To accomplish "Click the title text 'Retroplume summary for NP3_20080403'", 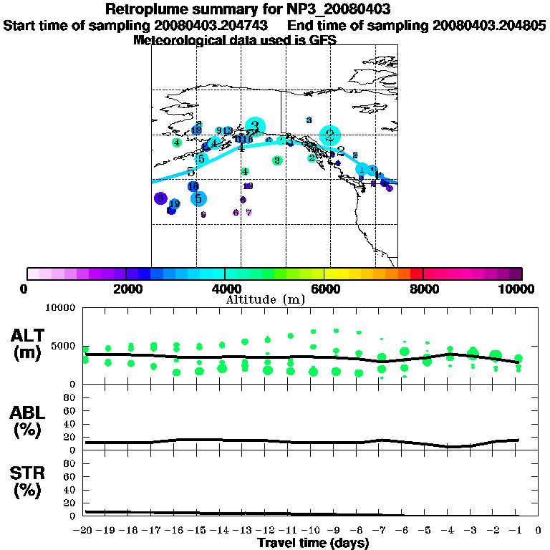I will (274, 9).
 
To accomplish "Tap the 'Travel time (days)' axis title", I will (313, 544).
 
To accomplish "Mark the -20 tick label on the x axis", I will (85, 531).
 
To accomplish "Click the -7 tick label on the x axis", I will (380, 531).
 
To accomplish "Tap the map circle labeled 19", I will (174, 205).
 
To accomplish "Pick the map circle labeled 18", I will (193, 186).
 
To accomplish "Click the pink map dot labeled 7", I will (249, 213).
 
